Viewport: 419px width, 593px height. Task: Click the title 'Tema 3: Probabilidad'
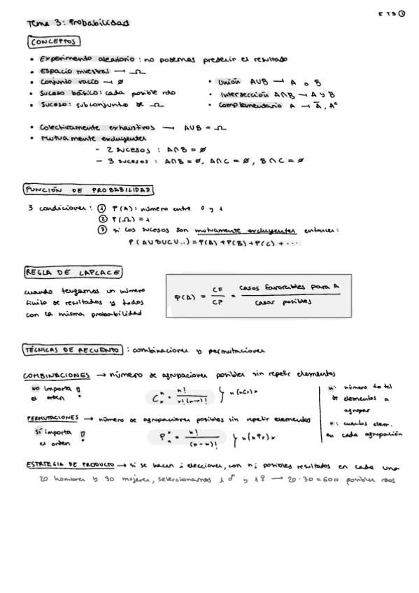coord(78,23)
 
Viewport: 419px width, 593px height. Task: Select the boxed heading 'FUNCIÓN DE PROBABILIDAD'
coord(89,190)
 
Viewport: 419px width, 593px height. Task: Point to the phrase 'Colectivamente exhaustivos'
coord(90,128)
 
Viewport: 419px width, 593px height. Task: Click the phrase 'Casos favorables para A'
coord(289,287)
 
